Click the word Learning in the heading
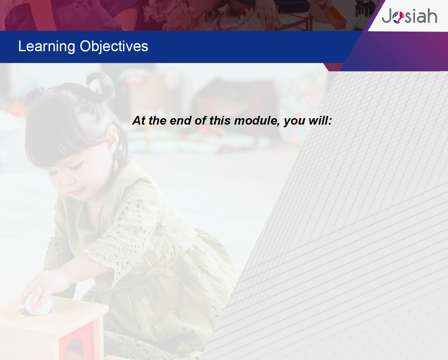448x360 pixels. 47,47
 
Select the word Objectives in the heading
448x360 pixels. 114,47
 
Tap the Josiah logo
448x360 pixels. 409,16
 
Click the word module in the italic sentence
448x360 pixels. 257,120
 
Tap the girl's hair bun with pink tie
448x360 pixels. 100,86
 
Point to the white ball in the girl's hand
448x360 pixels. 39,304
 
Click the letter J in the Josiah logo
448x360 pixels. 387,16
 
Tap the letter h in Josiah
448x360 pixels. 432,15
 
